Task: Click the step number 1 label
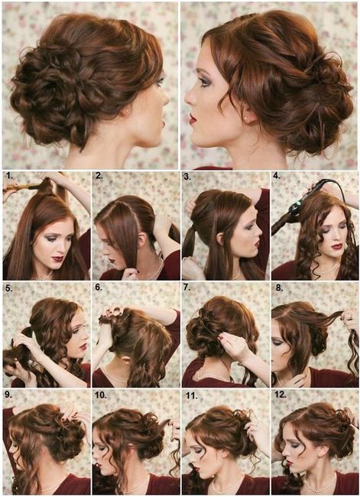[9, 177]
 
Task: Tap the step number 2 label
[99, 176]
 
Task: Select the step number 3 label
[187, 177]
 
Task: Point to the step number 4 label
[277, 176]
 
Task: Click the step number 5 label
[9, 288]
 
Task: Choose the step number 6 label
[99, 287]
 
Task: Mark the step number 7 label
[187, 287]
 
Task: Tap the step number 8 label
[279, 287]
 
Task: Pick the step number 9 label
[9, 395]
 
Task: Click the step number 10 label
[101, 395]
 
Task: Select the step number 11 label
[192, 395]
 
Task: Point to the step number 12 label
[281, 395]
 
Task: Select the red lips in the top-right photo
[192, 119]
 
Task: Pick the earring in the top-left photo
[128, 111]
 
